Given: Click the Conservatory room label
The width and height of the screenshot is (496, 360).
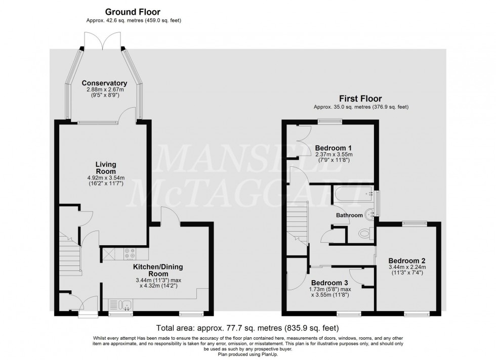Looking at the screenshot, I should coord(104,83).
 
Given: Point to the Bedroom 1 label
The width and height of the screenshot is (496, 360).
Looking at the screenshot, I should coord(334,148).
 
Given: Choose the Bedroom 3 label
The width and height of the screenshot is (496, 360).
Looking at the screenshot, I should coord(329,282).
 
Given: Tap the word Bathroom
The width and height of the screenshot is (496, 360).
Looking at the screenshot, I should coord(350,215).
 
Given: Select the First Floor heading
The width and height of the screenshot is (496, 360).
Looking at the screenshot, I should coord(361,99).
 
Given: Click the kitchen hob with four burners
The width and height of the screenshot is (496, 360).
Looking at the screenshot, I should coord(129,253).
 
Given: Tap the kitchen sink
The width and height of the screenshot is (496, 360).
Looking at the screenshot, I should coord(125,304).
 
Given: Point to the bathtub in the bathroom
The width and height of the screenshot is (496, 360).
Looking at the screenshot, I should coord(353,193).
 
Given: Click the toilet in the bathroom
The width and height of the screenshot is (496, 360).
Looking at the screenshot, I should coord(363,234).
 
